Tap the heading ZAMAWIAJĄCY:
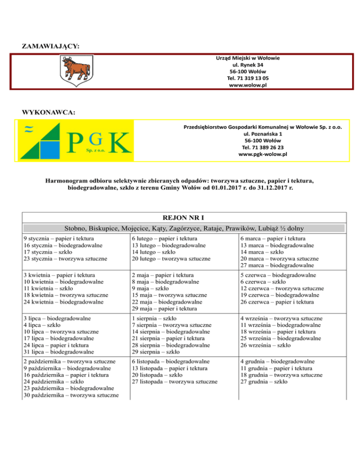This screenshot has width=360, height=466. click(x=50, y=46)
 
